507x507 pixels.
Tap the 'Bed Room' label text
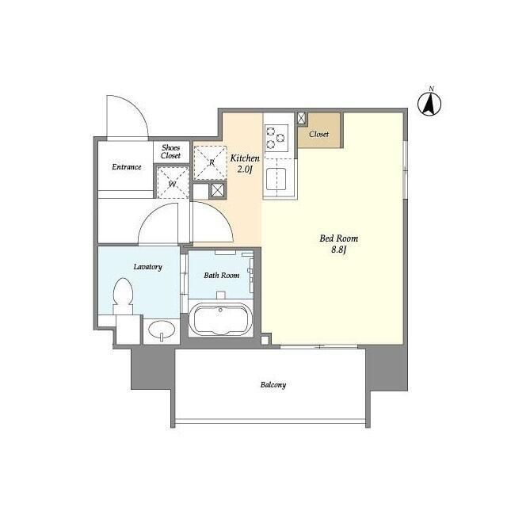click(339, 238)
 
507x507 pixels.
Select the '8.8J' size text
click(339, 250)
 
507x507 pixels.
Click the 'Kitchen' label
click(245, 158)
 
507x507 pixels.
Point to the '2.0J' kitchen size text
click(245, 169)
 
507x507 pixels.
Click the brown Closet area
click(319, 131)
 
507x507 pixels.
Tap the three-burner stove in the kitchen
click(276, 138)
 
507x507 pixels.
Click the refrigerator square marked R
click(211, 162)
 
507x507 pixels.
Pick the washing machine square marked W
click(172, 184)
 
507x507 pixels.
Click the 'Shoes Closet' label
click(170, 151)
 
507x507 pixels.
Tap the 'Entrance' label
click(126, 166)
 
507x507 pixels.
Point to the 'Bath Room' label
click(221, 276)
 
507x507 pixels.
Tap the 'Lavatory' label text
click(147, 267)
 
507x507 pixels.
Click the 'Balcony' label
click(273, 385)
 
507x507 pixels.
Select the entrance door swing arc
click(127, 117)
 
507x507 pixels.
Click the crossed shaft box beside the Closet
click(302, 118)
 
